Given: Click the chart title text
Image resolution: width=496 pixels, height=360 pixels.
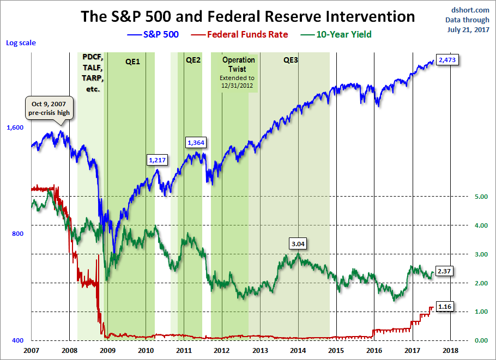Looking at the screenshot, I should tap(248, 16).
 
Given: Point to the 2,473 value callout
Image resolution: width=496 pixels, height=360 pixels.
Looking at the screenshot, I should tap(447, 59).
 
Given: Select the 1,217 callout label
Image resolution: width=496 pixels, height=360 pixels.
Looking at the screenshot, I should tap(157, 160).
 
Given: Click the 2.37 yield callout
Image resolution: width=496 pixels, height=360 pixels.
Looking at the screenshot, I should tap(446, 271).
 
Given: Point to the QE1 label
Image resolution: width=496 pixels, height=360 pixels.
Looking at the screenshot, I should tap(132, 62).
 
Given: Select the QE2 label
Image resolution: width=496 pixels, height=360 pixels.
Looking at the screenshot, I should tap(193, 60).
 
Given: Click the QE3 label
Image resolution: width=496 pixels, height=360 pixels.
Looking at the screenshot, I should tap(291, 60).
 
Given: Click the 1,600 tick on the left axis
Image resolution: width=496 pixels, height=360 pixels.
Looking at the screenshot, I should tap(15, 127).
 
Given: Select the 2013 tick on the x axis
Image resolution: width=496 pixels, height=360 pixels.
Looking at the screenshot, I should tap(260, 350).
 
